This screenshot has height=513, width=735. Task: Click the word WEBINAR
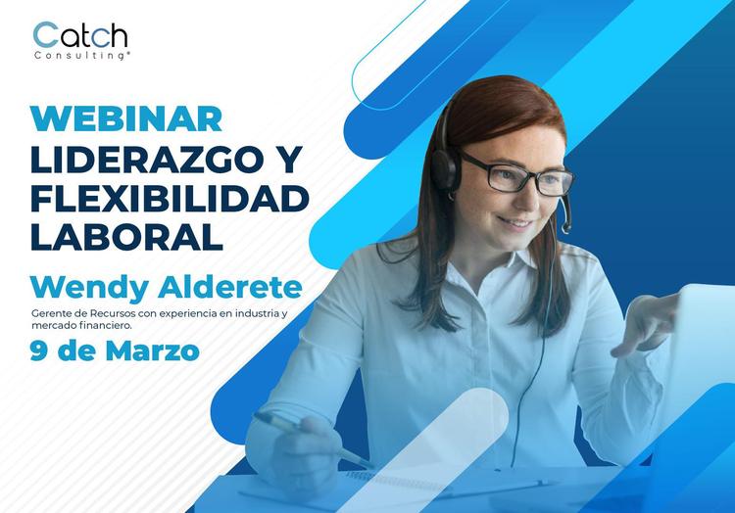126,118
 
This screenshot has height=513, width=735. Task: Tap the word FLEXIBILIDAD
170,197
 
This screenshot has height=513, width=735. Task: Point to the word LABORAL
126,236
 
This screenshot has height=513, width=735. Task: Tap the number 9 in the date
39,350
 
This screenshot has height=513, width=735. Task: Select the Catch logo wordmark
80,36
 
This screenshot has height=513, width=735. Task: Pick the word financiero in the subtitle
119,325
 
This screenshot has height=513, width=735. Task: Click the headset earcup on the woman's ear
446,167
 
